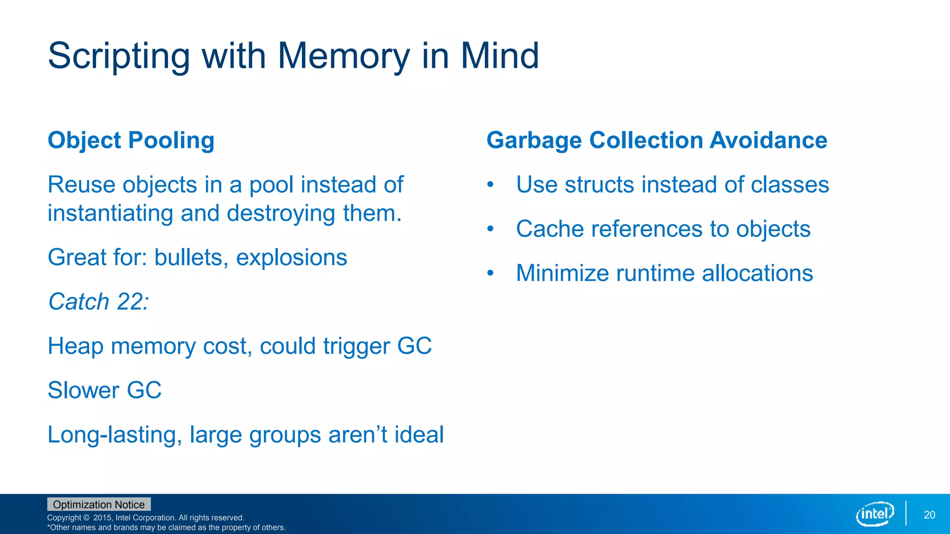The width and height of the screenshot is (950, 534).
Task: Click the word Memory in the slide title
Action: (x=343, y=56)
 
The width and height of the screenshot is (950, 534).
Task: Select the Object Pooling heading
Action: (x=131, y=140)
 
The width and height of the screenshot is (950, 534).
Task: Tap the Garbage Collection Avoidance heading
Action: (x=656, y=140)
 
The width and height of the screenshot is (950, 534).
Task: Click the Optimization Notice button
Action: (x=99, y=504)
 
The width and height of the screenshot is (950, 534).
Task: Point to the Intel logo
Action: (x=875, y=514)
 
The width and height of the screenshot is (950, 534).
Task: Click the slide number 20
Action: (x=929, y=515)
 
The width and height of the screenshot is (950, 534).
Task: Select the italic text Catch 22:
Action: (x=99, y=302)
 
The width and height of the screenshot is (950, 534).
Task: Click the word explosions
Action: (x=291, y=258)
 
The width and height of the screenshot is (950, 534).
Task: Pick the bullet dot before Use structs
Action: (x=490, y=185)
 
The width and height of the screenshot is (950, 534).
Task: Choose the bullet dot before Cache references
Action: (x=490, y=229)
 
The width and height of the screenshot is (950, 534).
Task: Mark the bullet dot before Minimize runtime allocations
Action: (x=490, y=273)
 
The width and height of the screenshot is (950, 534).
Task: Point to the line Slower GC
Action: (x=105, y=390)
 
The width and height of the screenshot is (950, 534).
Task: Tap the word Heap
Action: (x=75, y=346)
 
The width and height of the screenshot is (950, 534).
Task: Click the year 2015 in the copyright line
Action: (x=103, y=518)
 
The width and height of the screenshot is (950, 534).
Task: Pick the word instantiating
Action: (x=110, y=214)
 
